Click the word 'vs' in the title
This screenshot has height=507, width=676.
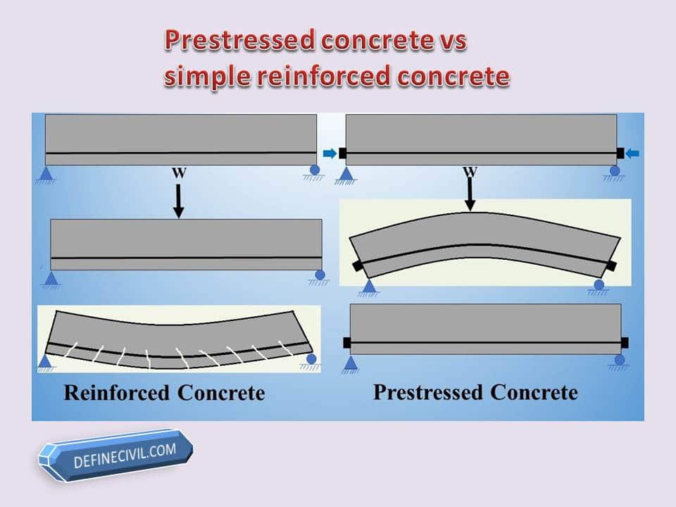coord(453,42)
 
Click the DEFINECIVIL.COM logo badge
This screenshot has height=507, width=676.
coord(115,455)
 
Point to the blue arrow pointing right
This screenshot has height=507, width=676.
coord(330,153)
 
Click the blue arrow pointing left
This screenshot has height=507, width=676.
coord(632,153)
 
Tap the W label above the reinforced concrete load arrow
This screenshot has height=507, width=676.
coord(179,173)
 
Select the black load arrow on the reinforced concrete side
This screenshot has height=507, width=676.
coord(178,201)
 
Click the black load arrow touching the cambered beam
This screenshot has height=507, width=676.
coord(470,194)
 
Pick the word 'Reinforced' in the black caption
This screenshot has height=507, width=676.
coord(116,393)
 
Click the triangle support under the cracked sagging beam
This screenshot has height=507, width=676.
coord(46,361)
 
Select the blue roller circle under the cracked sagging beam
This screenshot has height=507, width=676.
coord(311,358)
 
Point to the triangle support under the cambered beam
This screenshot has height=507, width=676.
coord(368,287)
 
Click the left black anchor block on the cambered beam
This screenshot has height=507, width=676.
coord(358,265)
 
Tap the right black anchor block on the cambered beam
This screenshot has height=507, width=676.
coord(611,265)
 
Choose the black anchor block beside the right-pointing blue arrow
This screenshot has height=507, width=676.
coord(342,153)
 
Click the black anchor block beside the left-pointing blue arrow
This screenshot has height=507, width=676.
coord(620,153)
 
